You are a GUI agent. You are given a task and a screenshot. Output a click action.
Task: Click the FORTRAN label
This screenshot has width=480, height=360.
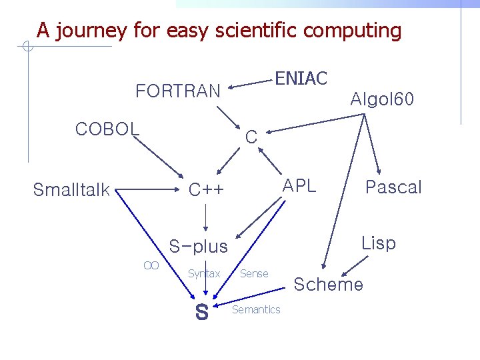(x=177, y=91)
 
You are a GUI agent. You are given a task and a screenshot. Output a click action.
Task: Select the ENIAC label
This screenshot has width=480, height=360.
(x=301, y=79)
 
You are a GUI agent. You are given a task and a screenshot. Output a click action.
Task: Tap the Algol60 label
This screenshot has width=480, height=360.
(x=382, y=100)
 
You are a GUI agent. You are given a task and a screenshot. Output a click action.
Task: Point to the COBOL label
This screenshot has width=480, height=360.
(x=107, y=129)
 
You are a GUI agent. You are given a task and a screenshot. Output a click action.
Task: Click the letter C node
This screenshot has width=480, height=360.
(x=251, y=137)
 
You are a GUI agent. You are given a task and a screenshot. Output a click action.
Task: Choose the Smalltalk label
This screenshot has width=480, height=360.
(x=71, y=190)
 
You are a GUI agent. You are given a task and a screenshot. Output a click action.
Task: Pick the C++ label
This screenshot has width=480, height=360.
(x=206, y=190)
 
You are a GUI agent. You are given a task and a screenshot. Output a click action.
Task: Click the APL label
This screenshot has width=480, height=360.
(x=299, y=186)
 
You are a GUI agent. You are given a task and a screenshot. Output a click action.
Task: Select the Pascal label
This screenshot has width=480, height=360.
(x=393, y=187)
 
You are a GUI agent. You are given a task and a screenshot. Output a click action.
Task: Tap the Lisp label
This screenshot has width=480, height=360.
(x=378, y=243)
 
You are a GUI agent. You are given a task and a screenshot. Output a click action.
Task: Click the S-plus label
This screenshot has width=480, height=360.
(x=198, y=247)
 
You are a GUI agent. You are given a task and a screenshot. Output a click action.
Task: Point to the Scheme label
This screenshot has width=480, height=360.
(x=329, y=285)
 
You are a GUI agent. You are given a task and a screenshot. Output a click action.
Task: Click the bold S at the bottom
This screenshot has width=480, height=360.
(x=201, y=311)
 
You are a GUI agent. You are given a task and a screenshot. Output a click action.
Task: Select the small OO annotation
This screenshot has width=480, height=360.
(x=151, y=265)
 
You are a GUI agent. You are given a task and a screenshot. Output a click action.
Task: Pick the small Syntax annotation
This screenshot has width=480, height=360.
(x=204, y=273)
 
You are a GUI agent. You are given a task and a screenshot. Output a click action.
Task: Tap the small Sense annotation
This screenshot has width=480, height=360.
(x=254, y=273)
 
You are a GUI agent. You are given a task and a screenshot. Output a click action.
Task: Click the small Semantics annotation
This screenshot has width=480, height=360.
(x=256, y=309)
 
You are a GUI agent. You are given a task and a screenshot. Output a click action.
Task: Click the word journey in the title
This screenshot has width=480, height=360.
(x=91, y=31)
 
